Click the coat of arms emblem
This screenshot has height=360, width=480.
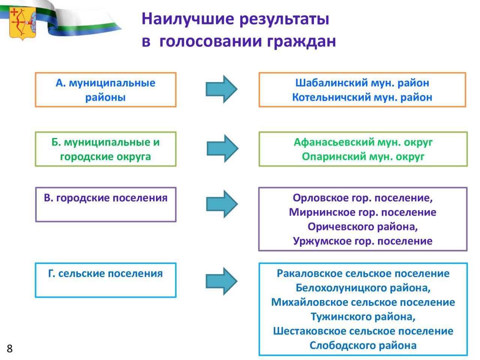pyautogui.click(x=23, y=23)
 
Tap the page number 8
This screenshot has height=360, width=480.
pyautogui.click(x=10, y=348)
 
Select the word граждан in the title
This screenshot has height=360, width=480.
pyautogui.click(x=301, y=42)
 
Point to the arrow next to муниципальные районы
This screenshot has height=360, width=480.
pyautogui.click(x=222, y=89)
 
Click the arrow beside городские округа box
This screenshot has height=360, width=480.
pyautogui.click(x=222, y=148)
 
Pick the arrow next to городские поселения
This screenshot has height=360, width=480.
pyautogui.click(x=222, y=204)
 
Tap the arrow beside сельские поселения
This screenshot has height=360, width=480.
pyautogui.click(x=222, y=281)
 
